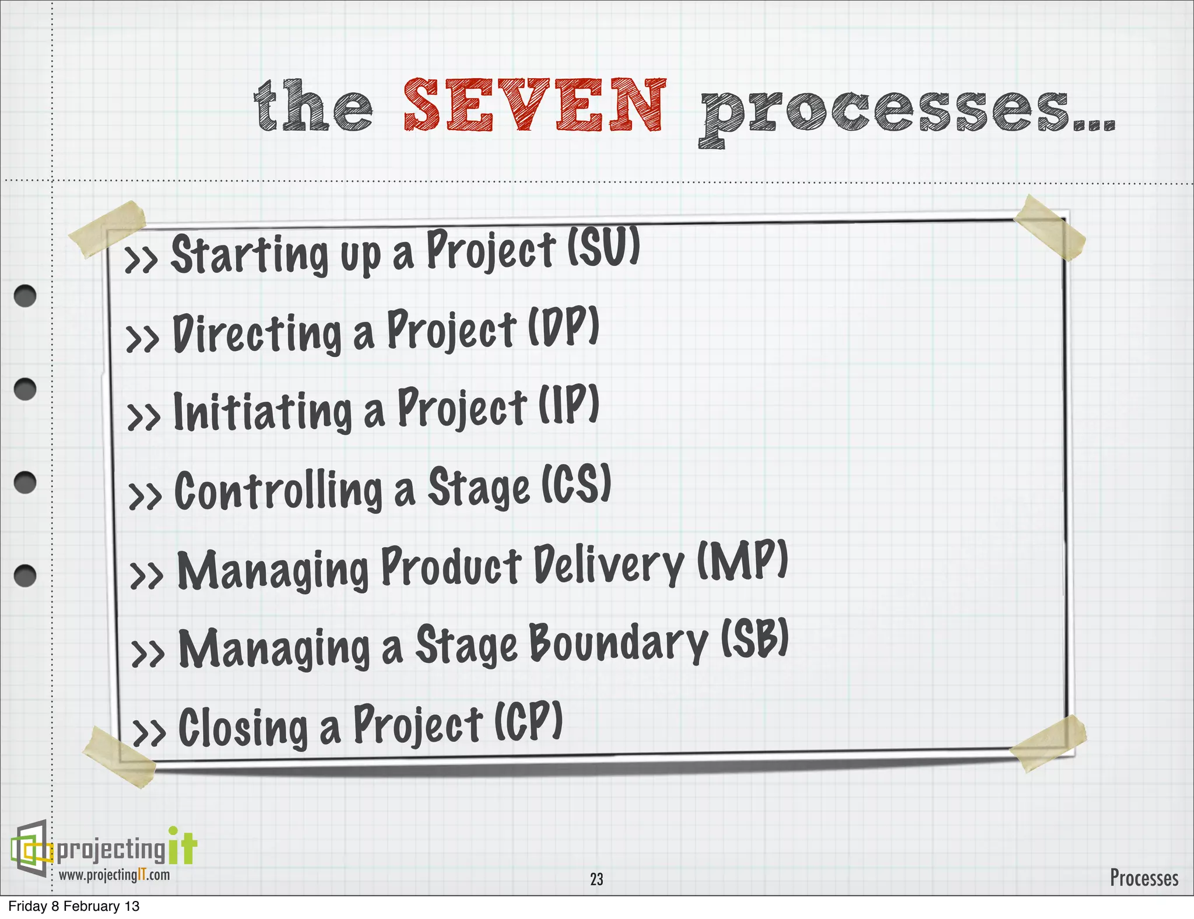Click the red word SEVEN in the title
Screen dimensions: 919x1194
point(534,105)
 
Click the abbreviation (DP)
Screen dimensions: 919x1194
point(563,326)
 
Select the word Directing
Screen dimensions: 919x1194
point(257,333)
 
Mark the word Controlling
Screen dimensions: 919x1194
point(279,491)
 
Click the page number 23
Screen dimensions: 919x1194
point(596,879)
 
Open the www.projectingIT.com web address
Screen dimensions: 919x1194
point(114,875)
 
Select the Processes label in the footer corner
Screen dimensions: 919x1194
point(1143,878)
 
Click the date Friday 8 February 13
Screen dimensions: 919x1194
point(74,906)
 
